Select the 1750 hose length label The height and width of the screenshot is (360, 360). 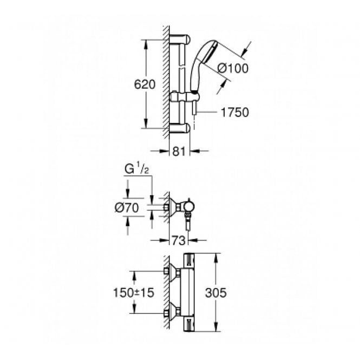point(234,113)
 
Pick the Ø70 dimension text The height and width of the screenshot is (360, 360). point(129,207)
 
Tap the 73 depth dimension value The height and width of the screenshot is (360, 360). point(175,240)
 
